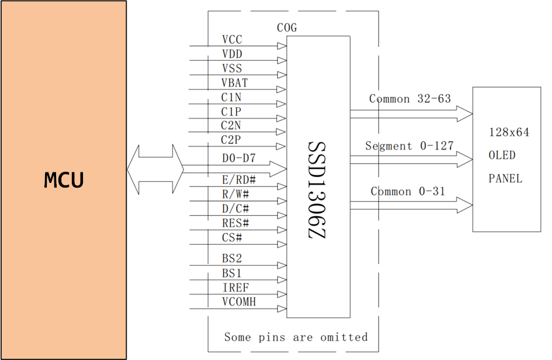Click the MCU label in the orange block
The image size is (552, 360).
click(x=64, y=181)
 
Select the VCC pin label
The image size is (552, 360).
click(x=232, y=40)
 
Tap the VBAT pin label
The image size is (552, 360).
click(x=234, y=83)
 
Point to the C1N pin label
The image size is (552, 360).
click(x=231, y=97)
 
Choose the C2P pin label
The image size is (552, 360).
click(x=231, y=140)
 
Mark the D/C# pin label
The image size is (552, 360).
click(x=235, y=209)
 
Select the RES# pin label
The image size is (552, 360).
click(x=235, y=223)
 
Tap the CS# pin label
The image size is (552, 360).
click(x=232, y=238)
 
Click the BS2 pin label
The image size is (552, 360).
click(x=232, y=258)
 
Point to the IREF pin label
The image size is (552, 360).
click(x=235, y=287)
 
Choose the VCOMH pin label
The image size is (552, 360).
click(x=239, y=302)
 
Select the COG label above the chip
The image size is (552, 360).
click(x=286, y=27)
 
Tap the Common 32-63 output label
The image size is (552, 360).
click(x=410, y=99)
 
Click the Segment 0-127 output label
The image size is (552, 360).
click(x=409, y=146)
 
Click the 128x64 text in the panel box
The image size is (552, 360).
click(x=509, y=133)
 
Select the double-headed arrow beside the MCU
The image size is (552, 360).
click(x=155, y=169)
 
